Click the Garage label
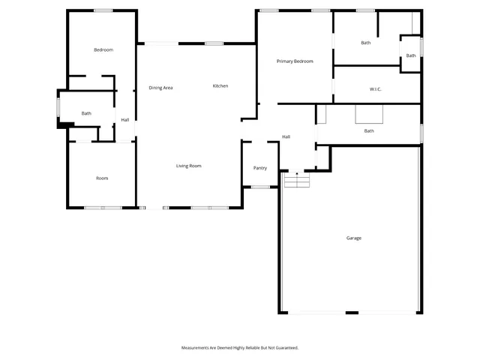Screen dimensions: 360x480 point(353,238)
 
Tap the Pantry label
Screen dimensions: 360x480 point(260,168)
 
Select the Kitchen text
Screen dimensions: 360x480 point(220,86)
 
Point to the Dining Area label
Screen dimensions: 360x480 point(160,88)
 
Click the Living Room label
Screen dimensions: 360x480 point(188,166)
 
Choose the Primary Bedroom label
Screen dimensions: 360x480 point(295,61)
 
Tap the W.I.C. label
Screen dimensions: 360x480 point(376,90)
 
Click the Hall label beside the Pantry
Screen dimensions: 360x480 point(286,136)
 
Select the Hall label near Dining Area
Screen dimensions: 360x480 point(125,120)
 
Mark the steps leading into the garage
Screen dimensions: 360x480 point(297,181)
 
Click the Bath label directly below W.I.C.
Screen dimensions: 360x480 point(369,131)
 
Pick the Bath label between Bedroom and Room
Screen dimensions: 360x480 point(86,113)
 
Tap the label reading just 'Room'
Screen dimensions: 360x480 point(102,178)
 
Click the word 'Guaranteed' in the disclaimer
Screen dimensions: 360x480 point(286,348)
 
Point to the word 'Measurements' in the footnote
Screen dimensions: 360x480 point(196,348)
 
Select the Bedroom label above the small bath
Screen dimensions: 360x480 point(103,49)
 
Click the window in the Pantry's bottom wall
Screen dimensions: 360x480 point(260,187)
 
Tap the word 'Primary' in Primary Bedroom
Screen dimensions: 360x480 point(285,61)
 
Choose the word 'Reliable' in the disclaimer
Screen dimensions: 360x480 point(253,348)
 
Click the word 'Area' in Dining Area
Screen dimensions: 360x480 point(169,88)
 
